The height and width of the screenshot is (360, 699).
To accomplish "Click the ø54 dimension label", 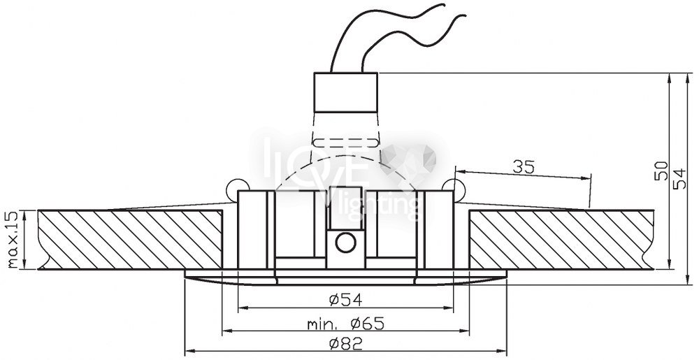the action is pos(345,300).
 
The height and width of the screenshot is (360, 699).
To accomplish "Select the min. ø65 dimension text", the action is pos(345,323).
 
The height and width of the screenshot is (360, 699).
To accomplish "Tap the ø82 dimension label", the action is pos(345,343).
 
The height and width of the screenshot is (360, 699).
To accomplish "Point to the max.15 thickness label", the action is pos(15,240).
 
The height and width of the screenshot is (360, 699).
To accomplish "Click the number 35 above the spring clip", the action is pos(524,167).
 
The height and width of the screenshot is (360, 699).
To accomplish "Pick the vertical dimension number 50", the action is pos(661,171).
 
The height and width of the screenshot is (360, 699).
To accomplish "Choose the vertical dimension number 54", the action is pos(680,178).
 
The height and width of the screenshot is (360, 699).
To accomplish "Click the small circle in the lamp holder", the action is pos(346,243).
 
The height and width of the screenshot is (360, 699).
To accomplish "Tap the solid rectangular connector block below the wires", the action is pos(346,92).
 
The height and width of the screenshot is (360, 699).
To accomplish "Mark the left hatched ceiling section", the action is pos(130,240).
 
